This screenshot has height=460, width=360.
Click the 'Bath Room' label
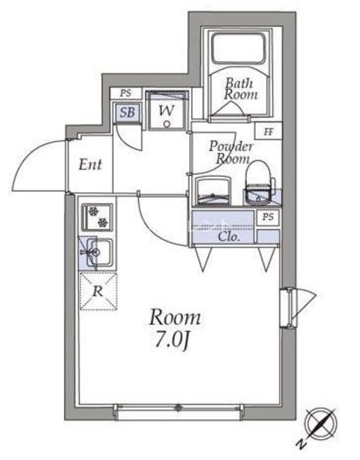coord(236,88)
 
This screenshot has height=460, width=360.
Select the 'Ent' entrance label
coord(90,165)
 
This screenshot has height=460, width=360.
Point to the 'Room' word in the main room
coord(175,317)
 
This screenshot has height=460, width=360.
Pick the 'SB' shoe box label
coord(127,112)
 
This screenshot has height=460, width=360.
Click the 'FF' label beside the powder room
coord(269,132)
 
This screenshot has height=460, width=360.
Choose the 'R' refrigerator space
coord(98,291)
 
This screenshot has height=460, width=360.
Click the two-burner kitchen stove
coord(97,216)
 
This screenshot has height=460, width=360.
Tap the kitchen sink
coord(98,252)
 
